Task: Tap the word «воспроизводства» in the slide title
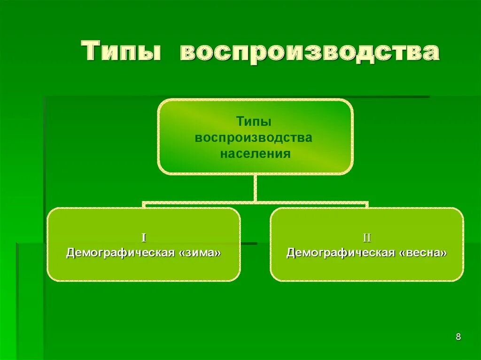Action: click(309, 52)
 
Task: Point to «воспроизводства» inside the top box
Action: click(254, 138)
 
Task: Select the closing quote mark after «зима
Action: click(217, 253)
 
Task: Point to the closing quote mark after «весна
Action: click(443, 253)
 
